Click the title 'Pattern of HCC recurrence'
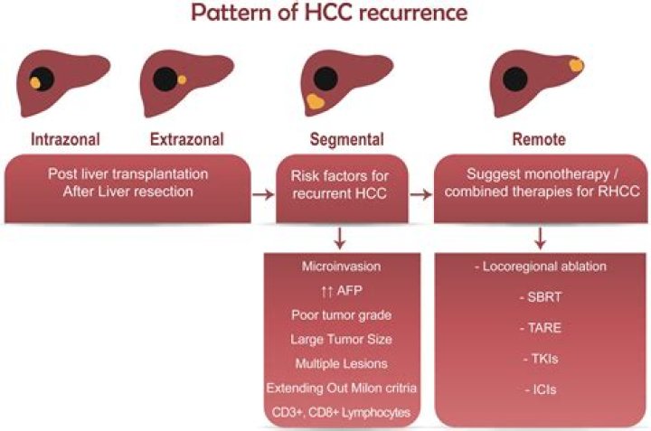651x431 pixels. (x=325, y=16)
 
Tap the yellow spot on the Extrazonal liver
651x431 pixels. (x=183, y=80)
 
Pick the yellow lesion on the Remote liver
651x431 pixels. (x=575, y=65)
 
